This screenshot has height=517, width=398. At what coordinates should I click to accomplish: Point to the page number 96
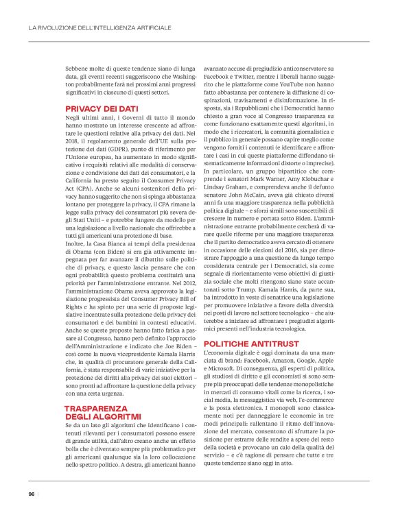32,492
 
